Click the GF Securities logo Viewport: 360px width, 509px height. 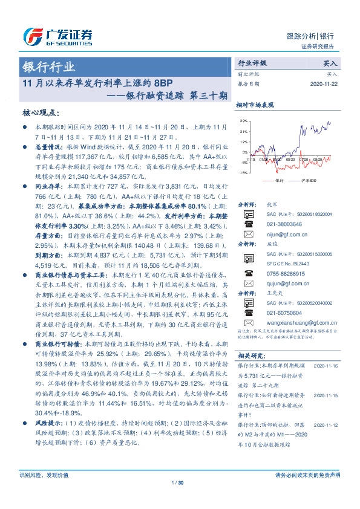point(57,36)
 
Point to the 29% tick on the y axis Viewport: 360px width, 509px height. point(243,122)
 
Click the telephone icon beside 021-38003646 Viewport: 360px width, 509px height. point(248,223)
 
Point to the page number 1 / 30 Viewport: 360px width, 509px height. point(180,499)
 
